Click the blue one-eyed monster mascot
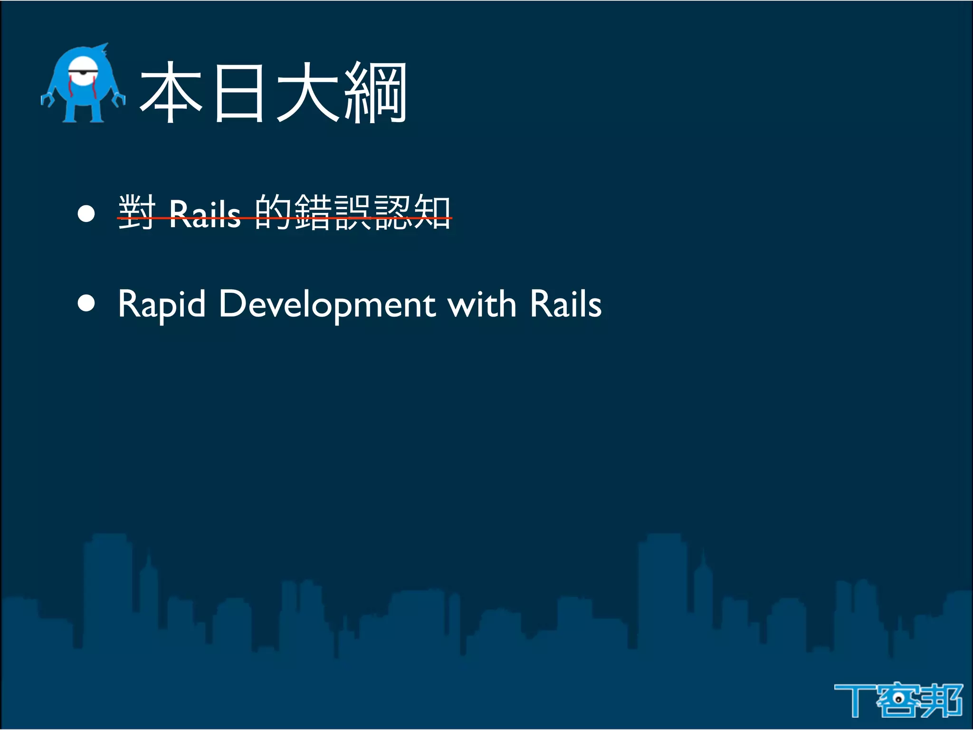point(83,86)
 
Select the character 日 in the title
point(239,93)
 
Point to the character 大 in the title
point(308,93)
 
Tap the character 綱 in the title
point(375,93)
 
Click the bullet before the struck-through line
point(86,213)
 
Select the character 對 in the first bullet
point(137,212)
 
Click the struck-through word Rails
point(205,214)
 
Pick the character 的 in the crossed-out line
point(273,212)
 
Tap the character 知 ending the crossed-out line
point(432,212)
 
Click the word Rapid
point(162,305)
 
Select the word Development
point(327,305)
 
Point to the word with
point(482,304)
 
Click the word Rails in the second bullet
point(565,304)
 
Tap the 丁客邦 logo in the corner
point(898,700)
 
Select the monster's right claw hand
point(118,99)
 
